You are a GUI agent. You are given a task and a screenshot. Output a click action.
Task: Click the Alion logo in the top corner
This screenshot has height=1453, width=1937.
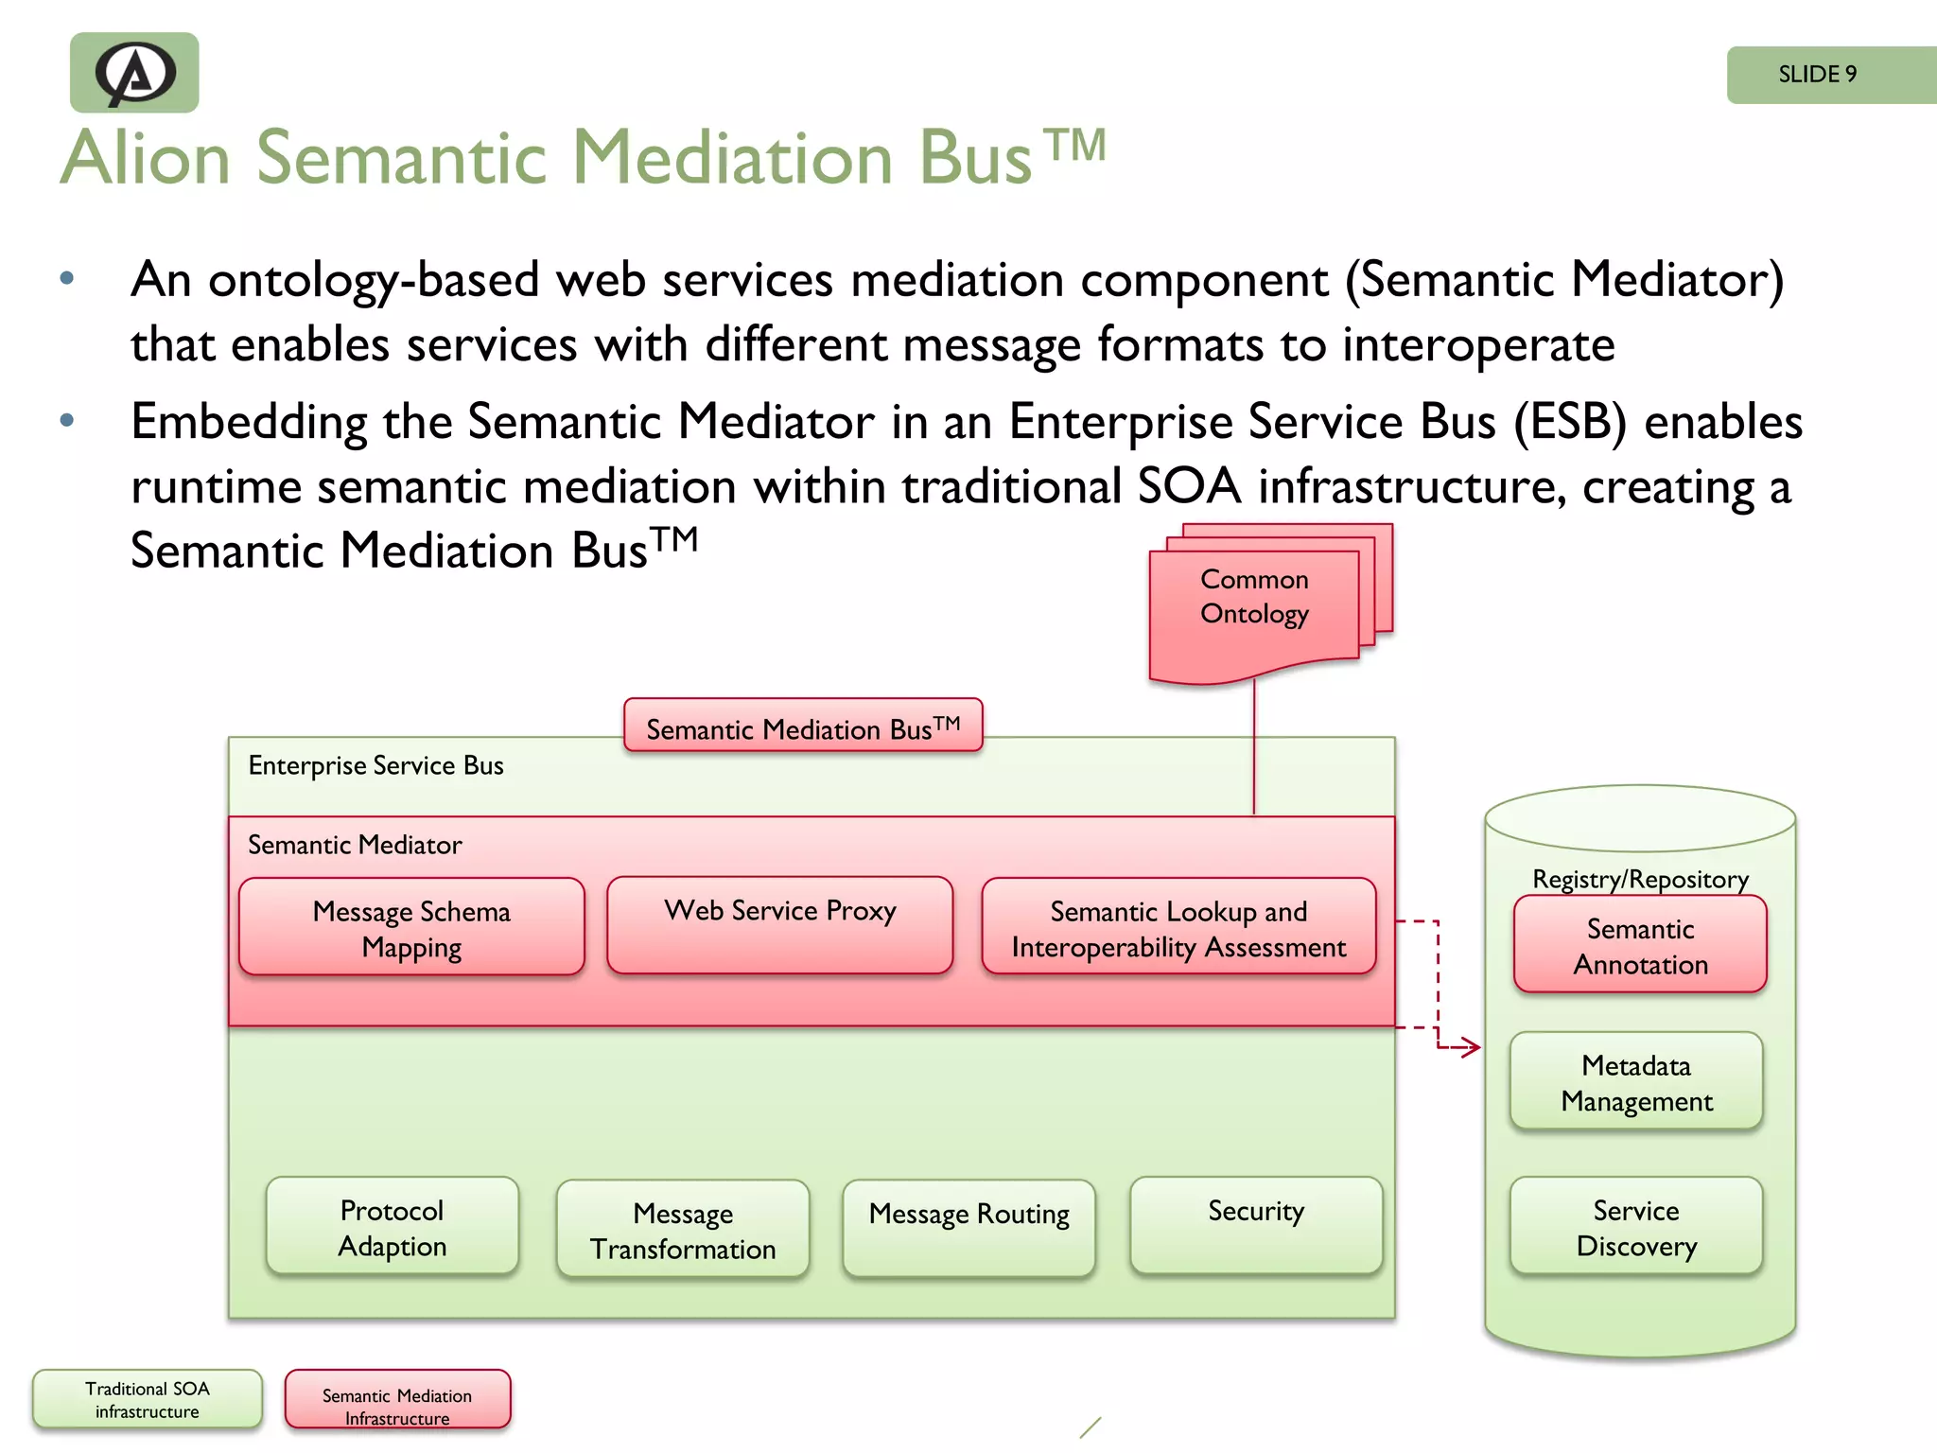click(x=134, y=73)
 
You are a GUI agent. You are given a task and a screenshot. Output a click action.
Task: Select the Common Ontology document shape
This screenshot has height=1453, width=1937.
click(x=1254, y=605)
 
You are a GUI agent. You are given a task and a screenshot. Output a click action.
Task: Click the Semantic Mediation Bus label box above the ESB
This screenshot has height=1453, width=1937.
click(x=803, y=726)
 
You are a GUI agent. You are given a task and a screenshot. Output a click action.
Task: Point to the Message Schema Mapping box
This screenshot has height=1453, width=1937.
click(x=411, y=927)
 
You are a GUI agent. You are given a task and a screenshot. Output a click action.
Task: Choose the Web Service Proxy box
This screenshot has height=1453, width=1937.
click(x=779, y=925)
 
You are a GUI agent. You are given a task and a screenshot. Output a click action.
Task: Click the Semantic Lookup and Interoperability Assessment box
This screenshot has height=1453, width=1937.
click(x=1178, y=927)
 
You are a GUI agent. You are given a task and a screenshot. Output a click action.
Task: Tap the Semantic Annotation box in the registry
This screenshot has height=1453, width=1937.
click(x=1640, y=945)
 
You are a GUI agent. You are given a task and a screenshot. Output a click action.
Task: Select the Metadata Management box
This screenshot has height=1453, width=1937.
click(x=1636, y=1081)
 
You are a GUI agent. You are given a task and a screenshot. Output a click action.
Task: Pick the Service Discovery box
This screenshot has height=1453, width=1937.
click(x=1636, y=1227)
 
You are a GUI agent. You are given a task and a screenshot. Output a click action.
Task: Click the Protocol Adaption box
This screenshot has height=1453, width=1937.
click(x=393, y=1227)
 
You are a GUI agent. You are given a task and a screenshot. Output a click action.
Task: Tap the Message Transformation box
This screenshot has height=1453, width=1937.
click(x=683, y=1230)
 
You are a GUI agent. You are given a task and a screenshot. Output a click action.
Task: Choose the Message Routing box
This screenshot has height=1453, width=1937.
click(x=968, y=1227)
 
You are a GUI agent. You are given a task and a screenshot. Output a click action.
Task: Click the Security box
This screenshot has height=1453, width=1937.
click(x=1256, y=1225)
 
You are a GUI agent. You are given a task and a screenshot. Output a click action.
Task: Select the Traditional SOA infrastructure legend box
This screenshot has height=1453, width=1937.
click(x=148, y=1399)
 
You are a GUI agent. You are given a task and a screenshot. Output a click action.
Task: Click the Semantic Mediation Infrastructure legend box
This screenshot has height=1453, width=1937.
click(x=397, y=1400)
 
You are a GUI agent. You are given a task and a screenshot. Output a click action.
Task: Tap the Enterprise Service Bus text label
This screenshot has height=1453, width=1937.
click(x=375, y=765)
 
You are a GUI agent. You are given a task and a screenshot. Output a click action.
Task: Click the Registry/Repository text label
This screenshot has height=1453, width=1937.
click(x=1640, y=879)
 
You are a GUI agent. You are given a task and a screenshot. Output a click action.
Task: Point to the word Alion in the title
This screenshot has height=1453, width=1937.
click(x=147, y=158)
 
